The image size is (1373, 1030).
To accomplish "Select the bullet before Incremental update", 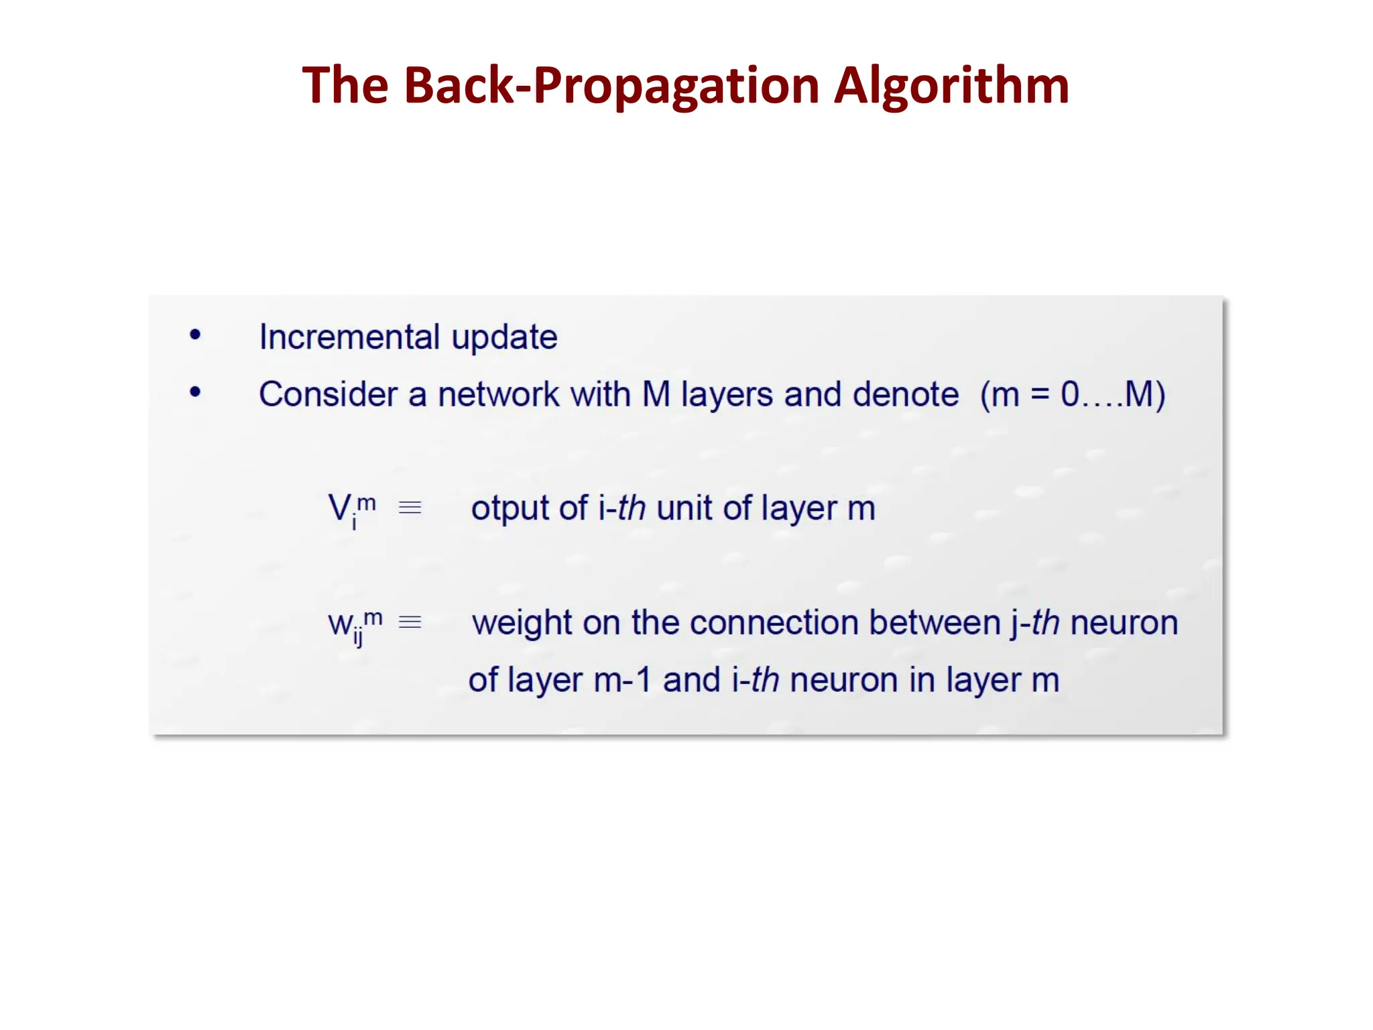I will point(195,335).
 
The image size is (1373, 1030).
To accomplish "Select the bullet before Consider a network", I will point(195,392).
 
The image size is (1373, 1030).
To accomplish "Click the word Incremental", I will point(349,337).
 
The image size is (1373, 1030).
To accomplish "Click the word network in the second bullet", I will point(498,394).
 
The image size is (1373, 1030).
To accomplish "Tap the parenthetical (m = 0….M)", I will point(1072,394).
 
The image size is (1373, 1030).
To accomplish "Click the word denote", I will point(905,394).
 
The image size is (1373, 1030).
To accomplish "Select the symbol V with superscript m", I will point(351,508).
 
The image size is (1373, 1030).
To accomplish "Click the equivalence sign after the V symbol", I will point(410,508).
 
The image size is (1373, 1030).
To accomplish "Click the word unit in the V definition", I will point(684,508).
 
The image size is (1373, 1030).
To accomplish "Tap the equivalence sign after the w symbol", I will point(410,622).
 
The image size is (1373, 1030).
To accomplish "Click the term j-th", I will point(1034,622).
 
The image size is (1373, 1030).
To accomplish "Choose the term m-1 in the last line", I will point(622,680).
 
